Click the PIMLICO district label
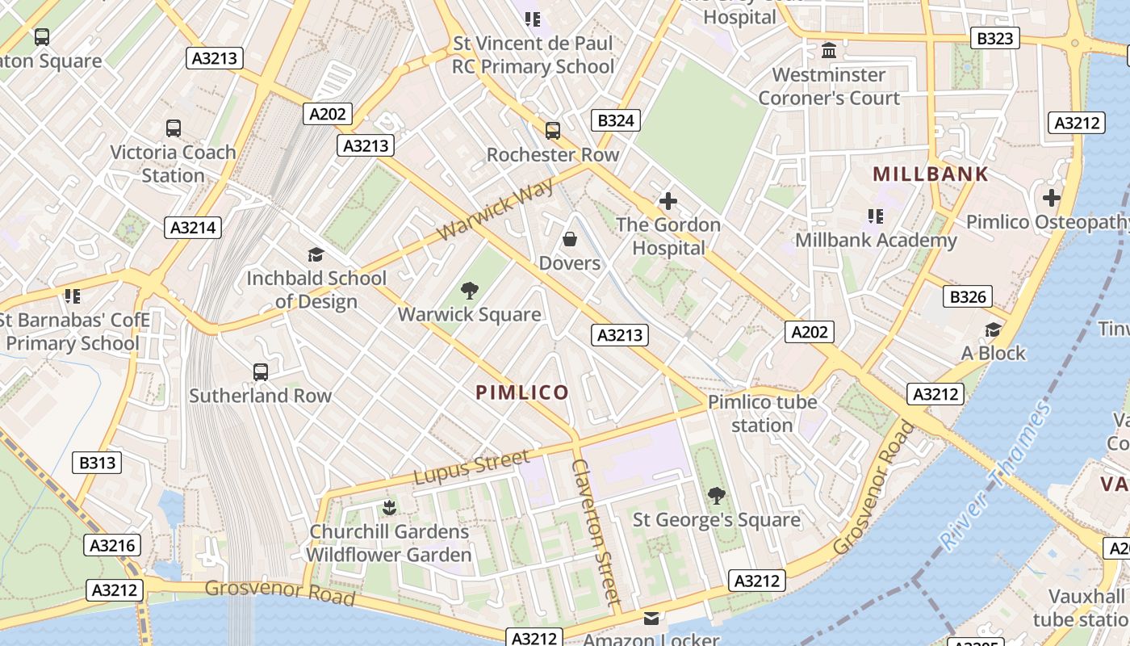(x=522, y=393)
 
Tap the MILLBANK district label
(x=931, y=174)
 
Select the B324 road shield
(x=616, y=121)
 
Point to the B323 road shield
(x=994, y=38)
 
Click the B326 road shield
(x=968, y=297)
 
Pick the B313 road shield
(x=98, y=463)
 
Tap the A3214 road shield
(x=194, y=228)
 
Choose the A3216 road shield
(x=112, y=545)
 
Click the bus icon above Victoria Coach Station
(x=173, y=128)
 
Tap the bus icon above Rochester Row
(x=553, y=130)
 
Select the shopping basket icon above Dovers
(x=570, y=239)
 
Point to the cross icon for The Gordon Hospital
(x=668, y=200)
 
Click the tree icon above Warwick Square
(x=469, y=291)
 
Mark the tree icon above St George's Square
(x=716, y=496)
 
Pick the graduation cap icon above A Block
(x=993, y=329)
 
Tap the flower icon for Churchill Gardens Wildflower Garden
(x=388, y=508)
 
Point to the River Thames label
(x=996, y=476)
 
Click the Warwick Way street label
(x=496, y=209)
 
